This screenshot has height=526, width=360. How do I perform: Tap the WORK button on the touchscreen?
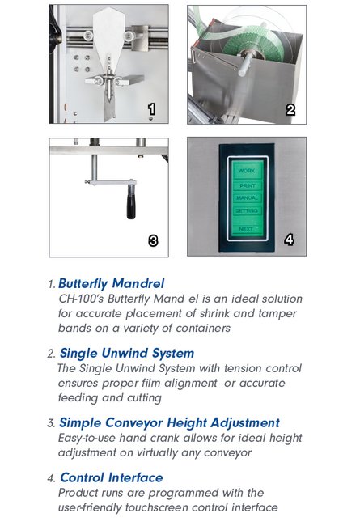(247, 171)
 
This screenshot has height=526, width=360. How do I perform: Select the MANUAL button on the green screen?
(247, 198)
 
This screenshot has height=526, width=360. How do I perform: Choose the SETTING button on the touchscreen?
(247, 210)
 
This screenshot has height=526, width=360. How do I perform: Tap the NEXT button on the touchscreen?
(247, 229)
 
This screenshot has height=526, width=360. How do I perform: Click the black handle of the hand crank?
(131, 206)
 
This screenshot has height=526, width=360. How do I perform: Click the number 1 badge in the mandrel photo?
(151, 109)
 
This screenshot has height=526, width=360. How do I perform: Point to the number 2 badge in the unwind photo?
(290, 110)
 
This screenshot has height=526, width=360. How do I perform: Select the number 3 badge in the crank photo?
(153, 240)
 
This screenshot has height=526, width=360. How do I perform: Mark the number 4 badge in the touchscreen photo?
(289, 240)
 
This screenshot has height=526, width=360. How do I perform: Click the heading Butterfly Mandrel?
(112, 283)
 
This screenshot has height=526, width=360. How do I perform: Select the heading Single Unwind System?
(127, 354)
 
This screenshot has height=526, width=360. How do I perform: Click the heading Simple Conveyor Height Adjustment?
(169, 422)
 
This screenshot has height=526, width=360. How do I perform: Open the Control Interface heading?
(112, 477)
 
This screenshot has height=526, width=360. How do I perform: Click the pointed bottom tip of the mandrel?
(109, 121)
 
